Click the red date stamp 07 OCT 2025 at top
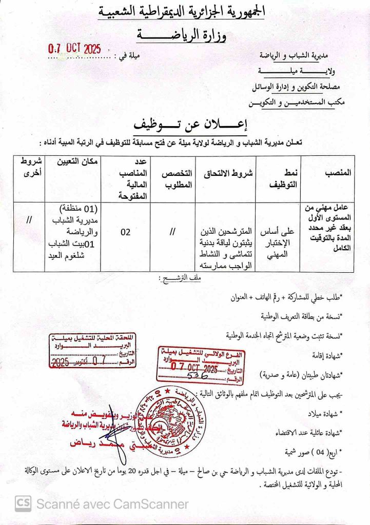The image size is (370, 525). click(74, 50)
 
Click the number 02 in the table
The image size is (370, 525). click(126, 232)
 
